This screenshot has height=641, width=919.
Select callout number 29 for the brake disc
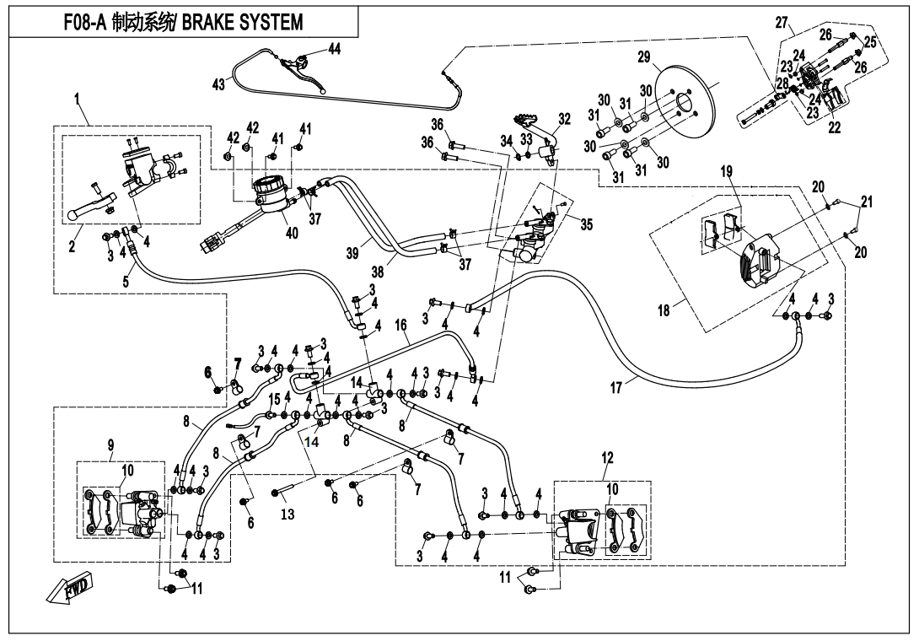(x=644, y=57)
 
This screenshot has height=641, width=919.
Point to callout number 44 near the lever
(x=334, y=49)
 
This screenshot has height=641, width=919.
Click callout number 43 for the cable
(x=218, y=84)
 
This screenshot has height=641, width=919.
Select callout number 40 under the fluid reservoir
(x=291, y=233)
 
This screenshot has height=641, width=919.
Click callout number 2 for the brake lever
(x=72, y=246)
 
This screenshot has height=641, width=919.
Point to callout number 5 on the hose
(x=126, y=282)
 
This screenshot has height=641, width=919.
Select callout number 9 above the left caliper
(x=110, y=444)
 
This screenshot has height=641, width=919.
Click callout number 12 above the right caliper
(x=607, y=457)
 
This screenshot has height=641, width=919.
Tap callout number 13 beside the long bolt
(x=288, y=514)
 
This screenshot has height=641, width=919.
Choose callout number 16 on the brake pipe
(x=400, y=325)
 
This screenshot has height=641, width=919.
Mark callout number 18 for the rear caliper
(x=664, y=310)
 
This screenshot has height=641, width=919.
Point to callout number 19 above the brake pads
(x=726, y=171)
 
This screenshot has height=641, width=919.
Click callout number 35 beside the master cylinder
(x=587, y=224)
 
